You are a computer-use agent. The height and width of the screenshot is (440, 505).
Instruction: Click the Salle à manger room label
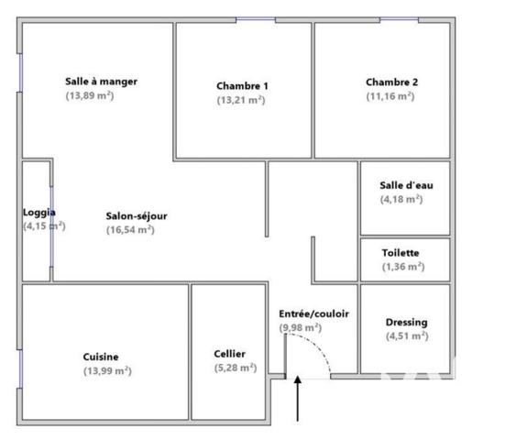pyautogui.click(x=101, y=82)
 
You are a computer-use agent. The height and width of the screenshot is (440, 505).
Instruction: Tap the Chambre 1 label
pyautogui.click(x=242, y=86)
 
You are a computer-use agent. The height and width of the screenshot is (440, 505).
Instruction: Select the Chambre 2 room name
pyautogui.click(x=391, y=82)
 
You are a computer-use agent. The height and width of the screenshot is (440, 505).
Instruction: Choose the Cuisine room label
pyautogui.click(x=101, y=357)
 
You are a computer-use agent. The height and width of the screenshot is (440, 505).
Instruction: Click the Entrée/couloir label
pyautogui.click(x=313, y=313)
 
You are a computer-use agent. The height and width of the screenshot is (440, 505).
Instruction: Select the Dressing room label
pyautogui.click(x=407, y=323)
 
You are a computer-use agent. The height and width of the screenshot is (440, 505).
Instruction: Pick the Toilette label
pyautogui.click(x=401, y=253)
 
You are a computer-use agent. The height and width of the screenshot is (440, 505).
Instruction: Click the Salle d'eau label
pyautogui.click(x=406, y=185)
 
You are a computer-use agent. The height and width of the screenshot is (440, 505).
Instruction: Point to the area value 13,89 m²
pyautogui.click(x=89, y=95)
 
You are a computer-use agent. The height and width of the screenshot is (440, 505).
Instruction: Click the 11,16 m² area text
pyautogui.click(x=390, y=95)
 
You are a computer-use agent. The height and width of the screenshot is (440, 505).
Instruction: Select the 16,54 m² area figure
pyautogui.click(x=130, y=230)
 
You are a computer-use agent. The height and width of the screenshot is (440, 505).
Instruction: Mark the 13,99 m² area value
pyautogui.click(x=106, y=370)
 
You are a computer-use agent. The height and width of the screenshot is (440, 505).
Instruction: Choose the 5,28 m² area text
pyautogui.click(x=235, y=368)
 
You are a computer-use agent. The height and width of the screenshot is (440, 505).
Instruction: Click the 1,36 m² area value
pyautogui.click(x=403, y=267)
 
